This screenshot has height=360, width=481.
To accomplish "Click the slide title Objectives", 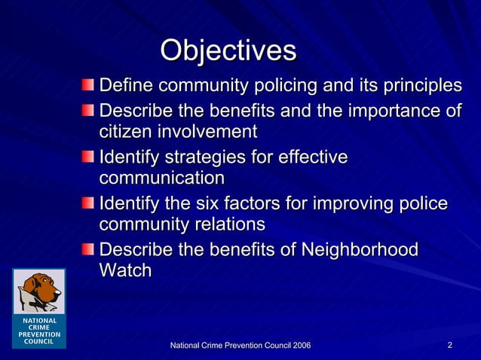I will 228,50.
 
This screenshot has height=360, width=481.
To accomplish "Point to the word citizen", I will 125,132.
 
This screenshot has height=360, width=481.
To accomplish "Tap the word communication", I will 161,178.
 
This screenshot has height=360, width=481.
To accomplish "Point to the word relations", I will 228,224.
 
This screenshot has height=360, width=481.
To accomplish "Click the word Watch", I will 125,270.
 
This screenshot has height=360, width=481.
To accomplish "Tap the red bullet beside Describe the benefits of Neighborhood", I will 90,249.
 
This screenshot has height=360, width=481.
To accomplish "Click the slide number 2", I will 449,345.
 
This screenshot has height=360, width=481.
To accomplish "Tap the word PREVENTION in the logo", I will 38,334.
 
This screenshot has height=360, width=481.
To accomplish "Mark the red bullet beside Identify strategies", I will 90,158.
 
